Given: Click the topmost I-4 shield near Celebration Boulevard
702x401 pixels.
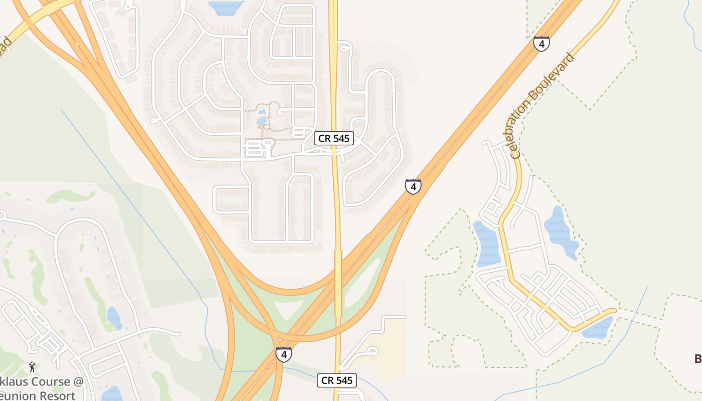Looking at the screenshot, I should click(541, 44).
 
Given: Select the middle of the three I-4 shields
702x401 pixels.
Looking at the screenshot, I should click(413, 186).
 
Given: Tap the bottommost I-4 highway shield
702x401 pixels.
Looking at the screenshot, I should click(283, 354).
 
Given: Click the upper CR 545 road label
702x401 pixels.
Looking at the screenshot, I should click(334, 138).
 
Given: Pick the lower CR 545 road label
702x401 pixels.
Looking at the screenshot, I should click(337, 380).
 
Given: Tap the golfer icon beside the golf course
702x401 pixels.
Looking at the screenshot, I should click(33, 367).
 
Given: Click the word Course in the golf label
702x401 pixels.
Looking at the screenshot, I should click(51, 381).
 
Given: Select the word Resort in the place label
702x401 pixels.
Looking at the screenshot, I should click(52, 395).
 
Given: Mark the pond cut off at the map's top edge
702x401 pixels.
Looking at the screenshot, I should click(226, 7).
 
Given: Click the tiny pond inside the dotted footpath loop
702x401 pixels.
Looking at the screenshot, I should click(262, 121).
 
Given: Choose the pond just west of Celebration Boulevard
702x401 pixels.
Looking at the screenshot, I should click(486, 244).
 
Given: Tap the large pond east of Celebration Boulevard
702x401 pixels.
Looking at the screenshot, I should click(560, 232).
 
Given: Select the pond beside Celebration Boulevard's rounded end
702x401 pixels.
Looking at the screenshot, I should click(598, 328).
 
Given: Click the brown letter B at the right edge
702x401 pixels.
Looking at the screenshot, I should click(697, 358).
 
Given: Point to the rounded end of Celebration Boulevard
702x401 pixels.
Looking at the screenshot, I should click(612, 311).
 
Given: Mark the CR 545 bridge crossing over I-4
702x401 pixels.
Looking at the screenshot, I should click(338, 283).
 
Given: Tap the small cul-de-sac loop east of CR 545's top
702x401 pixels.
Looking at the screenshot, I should click(344, 48).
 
